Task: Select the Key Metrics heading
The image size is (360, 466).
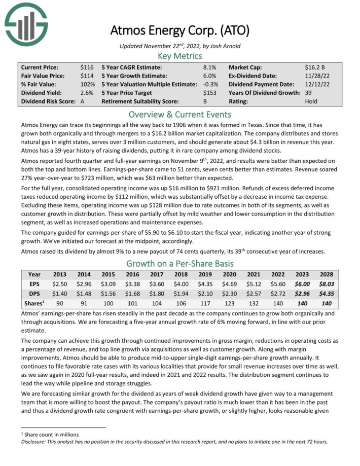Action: [x=180, y=56]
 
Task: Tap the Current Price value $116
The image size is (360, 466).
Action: [x=86, y=67]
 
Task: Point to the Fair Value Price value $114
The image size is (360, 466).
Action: [x=86, y=76]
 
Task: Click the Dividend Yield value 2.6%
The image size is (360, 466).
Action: [x=86, y=93]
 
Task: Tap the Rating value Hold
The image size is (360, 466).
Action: [x=311, y=101]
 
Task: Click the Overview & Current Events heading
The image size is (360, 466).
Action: [x=180, y=114]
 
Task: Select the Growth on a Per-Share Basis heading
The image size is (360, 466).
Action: [x=180, y=264]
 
